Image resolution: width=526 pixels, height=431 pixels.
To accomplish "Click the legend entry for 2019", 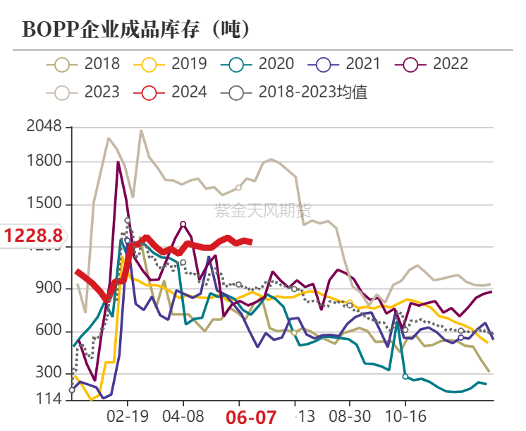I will pos(173,64).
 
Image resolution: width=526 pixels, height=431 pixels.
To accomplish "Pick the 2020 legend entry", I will pos(259,64).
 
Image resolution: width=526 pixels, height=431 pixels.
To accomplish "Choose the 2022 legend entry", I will pos(434,64).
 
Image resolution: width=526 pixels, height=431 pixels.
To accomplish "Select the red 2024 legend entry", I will pos(173,92).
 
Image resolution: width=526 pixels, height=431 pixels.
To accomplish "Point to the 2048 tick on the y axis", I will pos(44,128).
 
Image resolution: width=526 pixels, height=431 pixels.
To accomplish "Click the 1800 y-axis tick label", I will pos(44,162).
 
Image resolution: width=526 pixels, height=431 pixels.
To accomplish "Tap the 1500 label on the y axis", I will pos(44,205).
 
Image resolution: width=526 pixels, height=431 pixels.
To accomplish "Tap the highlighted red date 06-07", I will pos(251,417).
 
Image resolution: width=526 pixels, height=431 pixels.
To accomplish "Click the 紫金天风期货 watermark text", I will pos(262,210).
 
